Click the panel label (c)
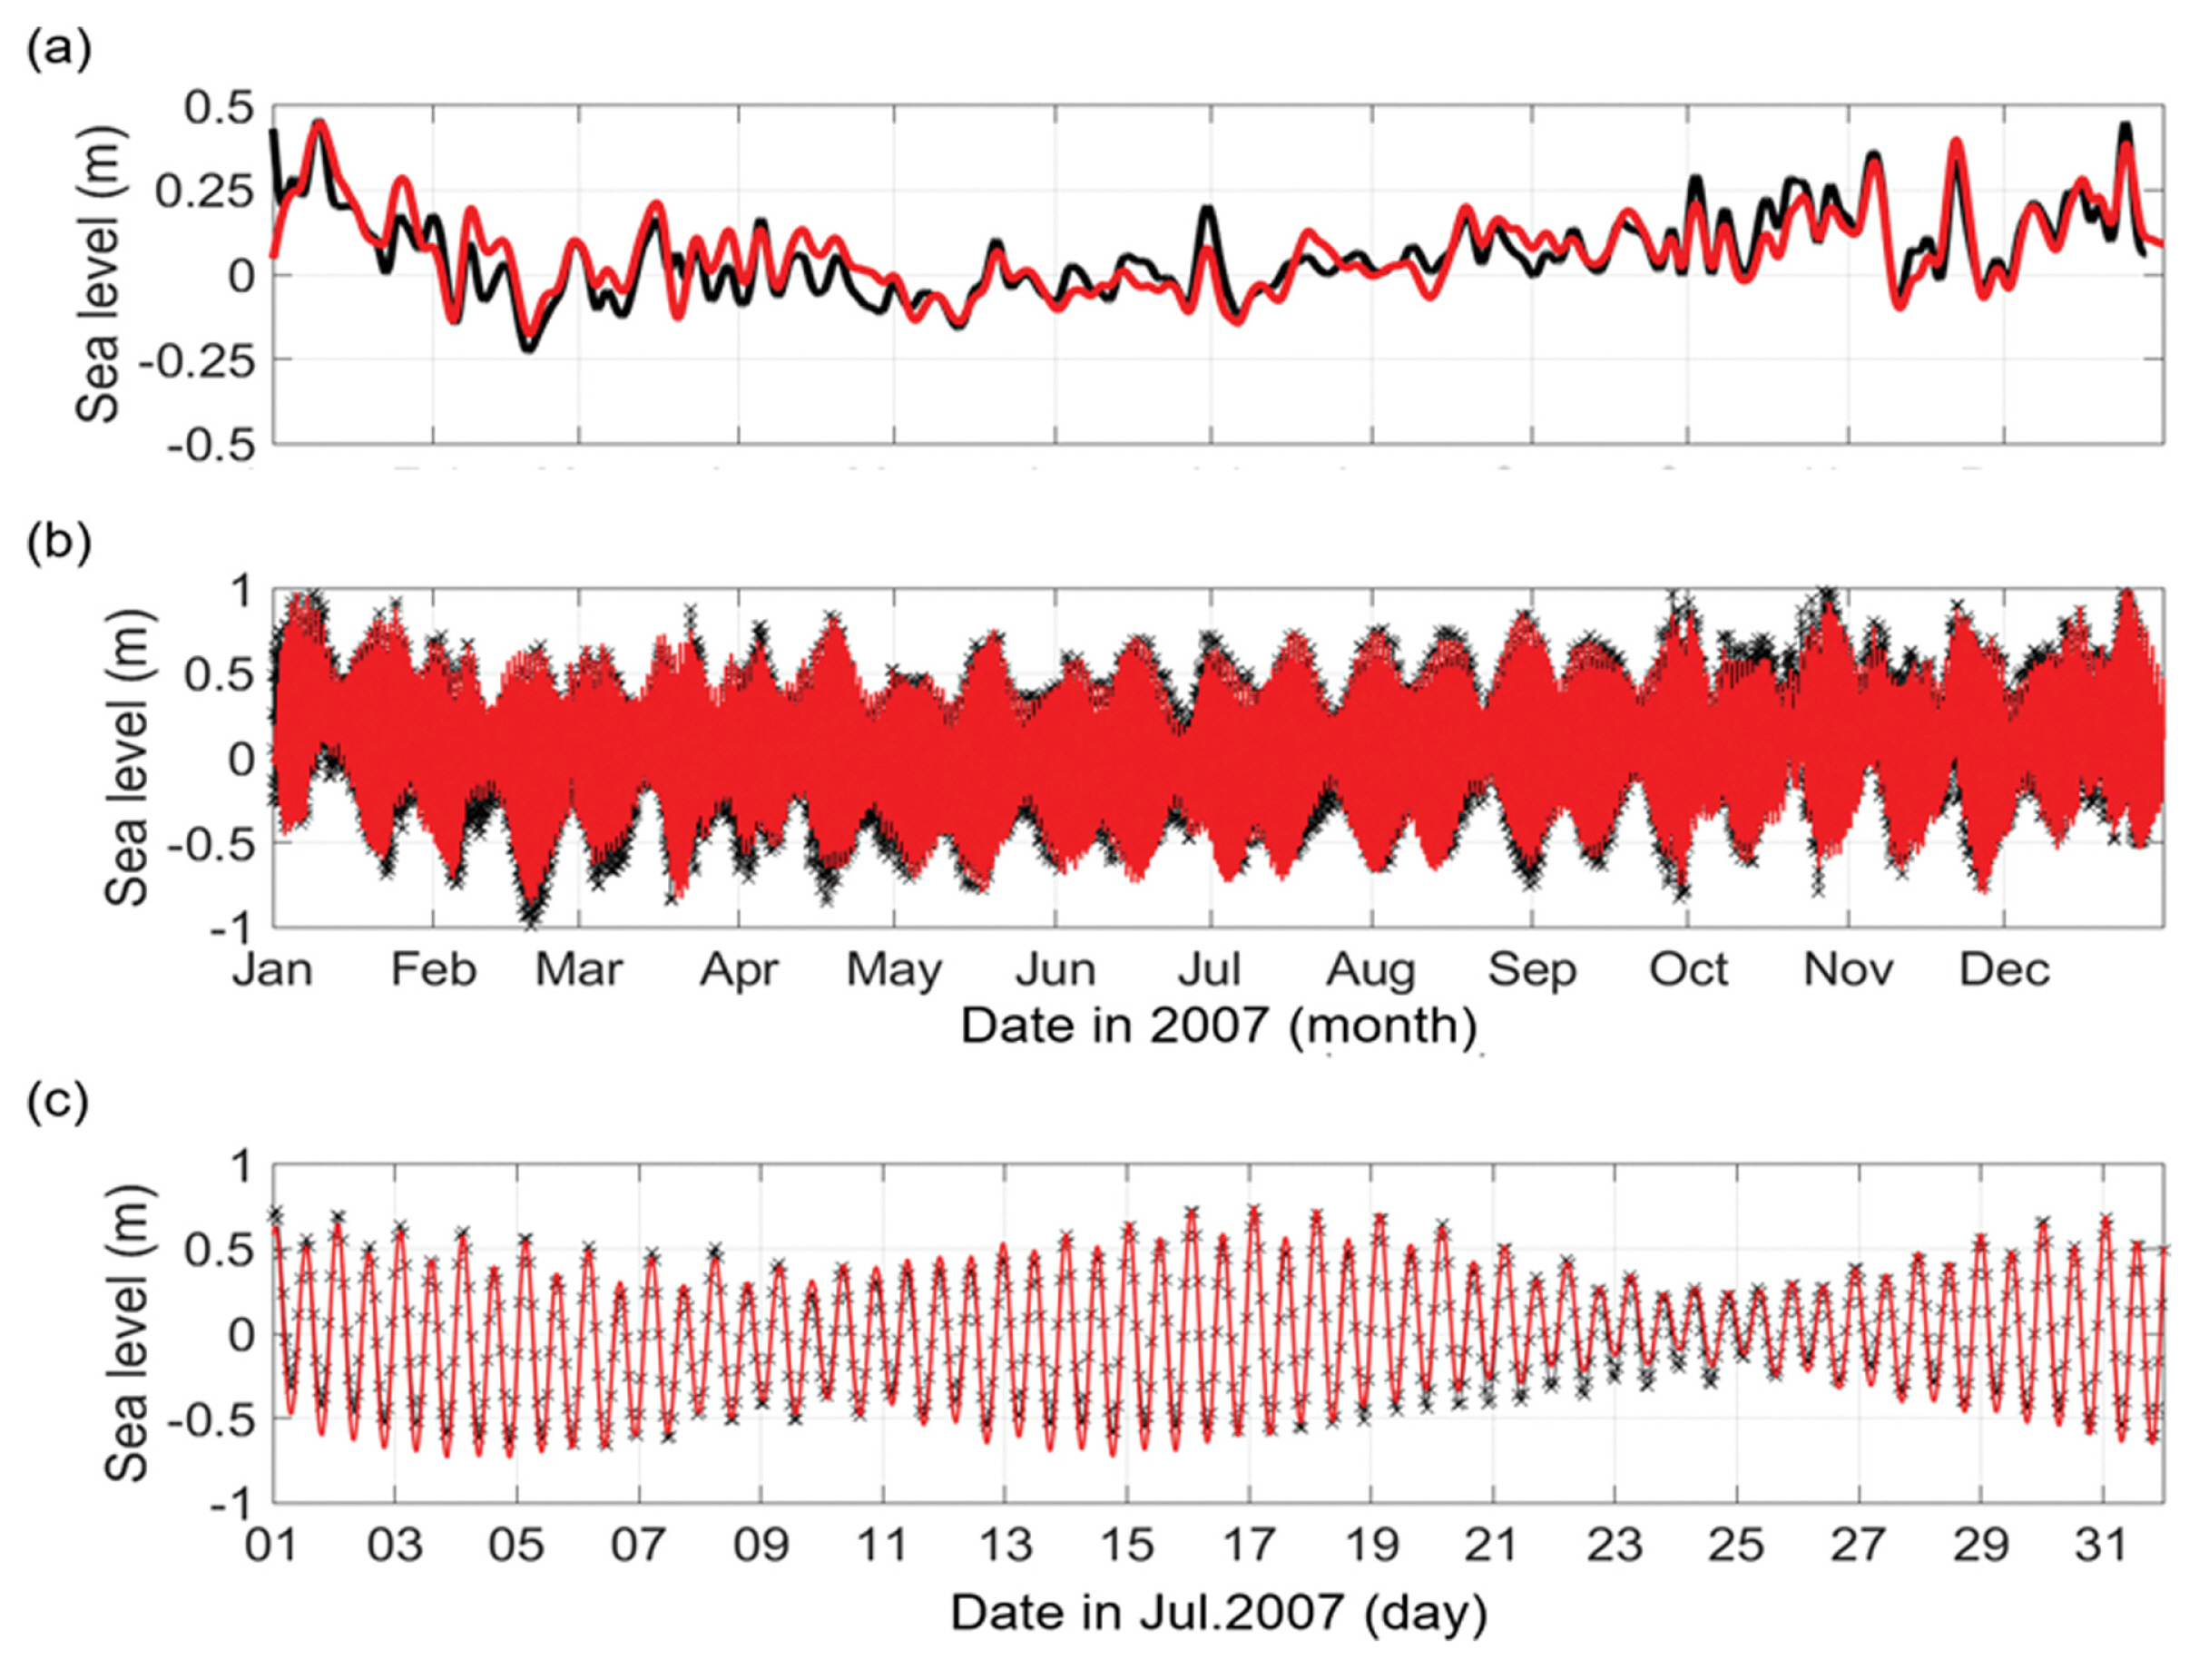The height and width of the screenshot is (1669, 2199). (x=58, y=1102)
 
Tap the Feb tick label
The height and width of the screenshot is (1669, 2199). (x=434, y=969)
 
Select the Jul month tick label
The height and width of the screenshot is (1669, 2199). (x=1210, y=969)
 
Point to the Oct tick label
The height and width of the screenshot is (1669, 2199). (x=1688, y=969)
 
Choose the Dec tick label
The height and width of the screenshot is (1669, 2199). (x=2004, y=969)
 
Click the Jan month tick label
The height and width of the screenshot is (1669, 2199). (x=272, y=969)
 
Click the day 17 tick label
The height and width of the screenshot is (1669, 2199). (x=1249, y=1545)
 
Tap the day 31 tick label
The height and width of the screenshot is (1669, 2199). (x=2103, y=1545)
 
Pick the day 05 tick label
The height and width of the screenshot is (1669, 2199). (x=516, y=1545)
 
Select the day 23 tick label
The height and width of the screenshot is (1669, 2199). (x=1615, y=1545)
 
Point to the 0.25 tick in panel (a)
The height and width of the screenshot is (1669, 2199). (x=204, y=191)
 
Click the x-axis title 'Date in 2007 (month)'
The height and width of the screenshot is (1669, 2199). (x=1219, y=1025)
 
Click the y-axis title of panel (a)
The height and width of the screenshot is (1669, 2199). (x=100, y=275)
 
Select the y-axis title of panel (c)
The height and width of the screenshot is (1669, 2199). (x=127, y=1334)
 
